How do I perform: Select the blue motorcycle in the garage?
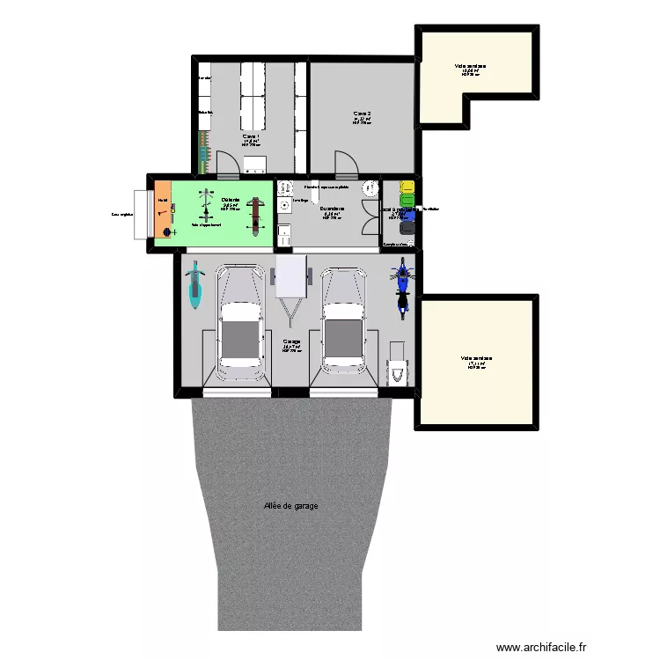tap(403, 286)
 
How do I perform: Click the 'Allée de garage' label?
tap(290, 506)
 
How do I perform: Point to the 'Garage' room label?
tap(291, 342)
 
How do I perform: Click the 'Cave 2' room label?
tap(362, 114)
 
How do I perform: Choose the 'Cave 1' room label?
tap(251, 136)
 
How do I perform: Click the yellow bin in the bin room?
tap(407, 187)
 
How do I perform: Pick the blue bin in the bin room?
tap(407, 216)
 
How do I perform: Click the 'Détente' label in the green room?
tap(231, 201)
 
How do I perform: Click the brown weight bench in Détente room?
tap(256, 211)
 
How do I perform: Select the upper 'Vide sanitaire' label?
tap(471, 66)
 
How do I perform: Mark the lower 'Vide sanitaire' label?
tap(476, 358)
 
